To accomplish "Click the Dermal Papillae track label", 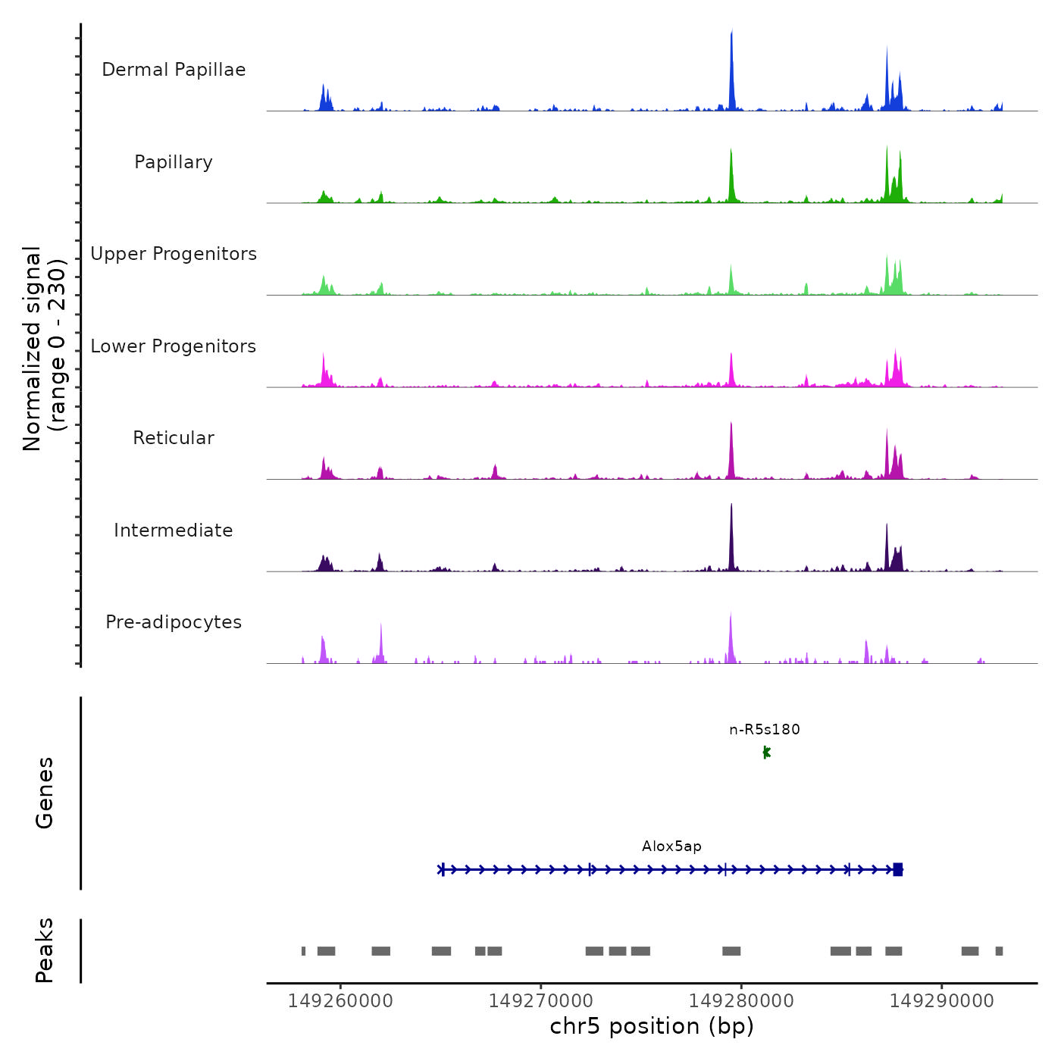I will point(174,70).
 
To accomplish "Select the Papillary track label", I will point(174,162).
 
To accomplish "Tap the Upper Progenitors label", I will point(174,254).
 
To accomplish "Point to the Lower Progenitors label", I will point(174,346).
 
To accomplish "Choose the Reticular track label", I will point(174,438).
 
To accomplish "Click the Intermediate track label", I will point(174,530).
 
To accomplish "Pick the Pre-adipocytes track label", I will point(174,622).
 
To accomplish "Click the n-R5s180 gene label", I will point(765,730).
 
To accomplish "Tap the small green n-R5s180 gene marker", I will point(766,752).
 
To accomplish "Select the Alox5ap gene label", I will point(671,847).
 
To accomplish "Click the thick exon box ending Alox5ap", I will point(898,869).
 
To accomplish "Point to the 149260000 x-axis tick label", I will point(340,1001).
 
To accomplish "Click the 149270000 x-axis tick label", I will point(541,1001).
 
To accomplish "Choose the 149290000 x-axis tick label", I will point(941,1001).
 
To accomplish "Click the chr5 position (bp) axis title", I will point(652,1026).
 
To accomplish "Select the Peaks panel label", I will point(44,950).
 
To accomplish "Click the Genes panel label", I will point(44,793).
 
